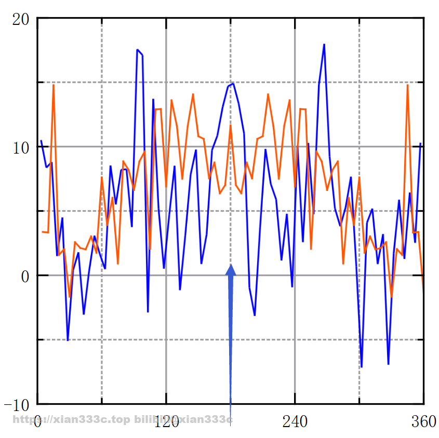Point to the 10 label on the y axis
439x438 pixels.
(x=20, y=147)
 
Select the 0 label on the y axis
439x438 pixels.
(x=25, y=276)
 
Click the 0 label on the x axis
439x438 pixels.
(x=37, y=422)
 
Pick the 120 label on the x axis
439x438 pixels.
(x=166, y=422)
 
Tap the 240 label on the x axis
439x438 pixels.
(x=295, y=422)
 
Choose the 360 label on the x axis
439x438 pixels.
(x=423, y=422)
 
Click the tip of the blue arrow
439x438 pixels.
(x=231, y=265)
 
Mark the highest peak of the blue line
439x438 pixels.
(x=324, y=44)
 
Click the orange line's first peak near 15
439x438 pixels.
(x=54, y=85)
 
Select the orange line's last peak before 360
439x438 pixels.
(x=407, y=85)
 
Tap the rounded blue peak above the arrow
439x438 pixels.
(x=233, y=83)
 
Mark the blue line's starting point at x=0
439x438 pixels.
(x=41, y=141)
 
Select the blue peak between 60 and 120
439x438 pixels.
(x=137, y=50)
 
